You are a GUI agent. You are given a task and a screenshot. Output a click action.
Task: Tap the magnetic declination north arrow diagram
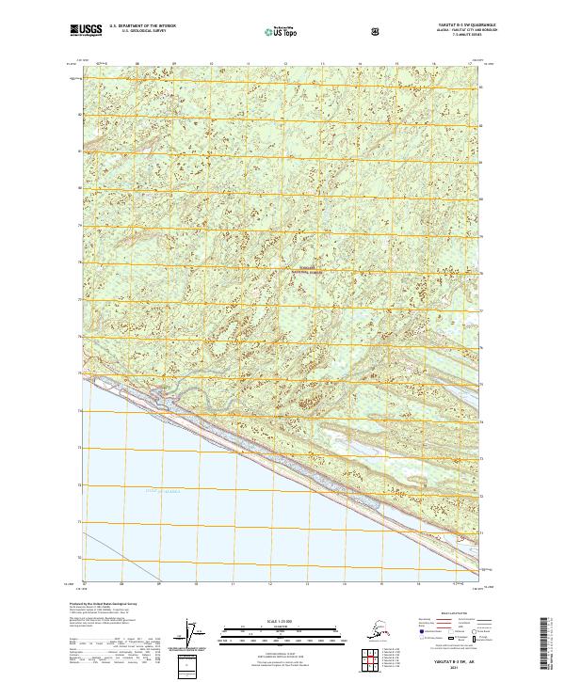(195, 633)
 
